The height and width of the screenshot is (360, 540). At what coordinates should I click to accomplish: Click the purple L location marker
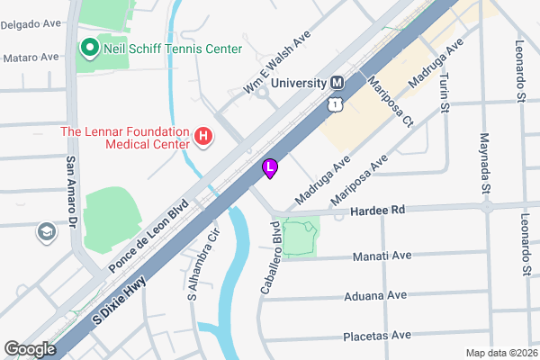[x=270, y=167]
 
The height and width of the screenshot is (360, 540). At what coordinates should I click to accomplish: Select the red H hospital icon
[x=204, y=138]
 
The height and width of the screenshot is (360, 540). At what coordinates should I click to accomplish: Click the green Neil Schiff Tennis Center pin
[x=90, y=47]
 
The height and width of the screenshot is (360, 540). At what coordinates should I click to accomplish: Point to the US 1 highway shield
[x=335, y=105]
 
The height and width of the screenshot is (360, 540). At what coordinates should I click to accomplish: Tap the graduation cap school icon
[x=44, y=233]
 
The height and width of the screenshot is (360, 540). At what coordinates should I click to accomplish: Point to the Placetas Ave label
[x=377, y=336]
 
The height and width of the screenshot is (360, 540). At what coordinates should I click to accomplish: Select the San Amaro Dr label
[x=70, y=190]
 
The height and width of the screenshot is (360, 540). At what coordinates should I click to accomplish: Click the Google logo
[x=31, y=349]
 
